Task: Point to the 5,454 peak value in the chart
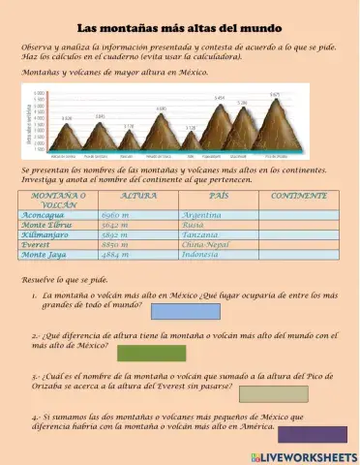(220, 98)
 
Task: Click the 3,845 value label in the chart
(101, 115)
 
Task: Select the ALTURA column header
(138, 196)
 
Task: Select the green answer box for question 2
(151, 352)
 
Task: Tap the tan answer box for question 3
(273, 393)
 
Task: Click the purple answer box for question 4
(312, 434)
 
